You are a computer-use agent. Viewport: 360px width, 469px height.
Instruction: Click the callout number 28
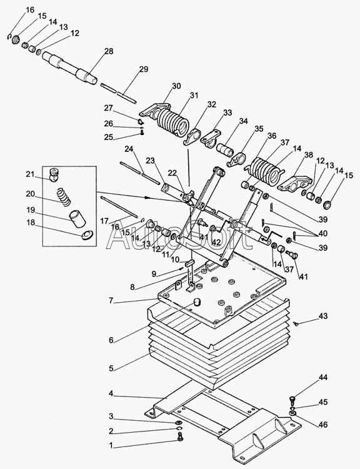tap(109, 51)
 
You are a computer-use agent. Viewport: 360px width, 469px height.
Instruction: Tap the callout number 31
tap(194, 96)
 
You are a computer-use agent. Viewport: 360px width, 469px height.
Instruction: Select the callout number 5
tap(111, 368)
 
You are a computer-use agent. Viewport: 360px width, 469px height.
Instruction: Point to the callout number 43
tap(323, 316)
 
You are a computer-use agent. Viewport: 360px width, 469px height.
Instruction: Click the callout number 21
tap(30, 174)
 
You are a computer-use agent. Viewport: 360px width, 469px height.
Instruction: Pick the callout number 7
tap(111, 300)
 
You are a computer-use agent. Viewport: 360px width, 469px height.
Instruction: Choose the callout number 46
tap(323, 425)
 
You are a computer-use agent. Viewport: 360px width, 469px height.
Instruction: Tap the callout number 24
tap(129, 148)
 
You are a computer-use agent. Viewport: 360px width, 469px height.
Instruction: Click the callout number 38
tap(309, 154)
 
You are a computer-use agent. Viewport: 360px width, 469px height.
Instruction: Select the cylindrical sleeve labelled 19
tap(77, 219)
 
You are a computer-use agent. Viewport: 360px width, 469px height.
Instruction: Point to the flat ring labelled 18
tap(87, 235)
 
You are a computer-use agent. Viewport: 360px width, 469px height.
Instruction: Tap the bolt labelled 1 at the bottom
tap(180, 438)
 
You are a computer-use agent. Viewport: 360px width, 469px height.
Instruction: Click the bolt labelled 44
tap(292, 399)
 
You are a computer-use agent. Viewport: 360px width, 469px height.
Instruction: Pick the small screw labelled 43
tap(296, 324)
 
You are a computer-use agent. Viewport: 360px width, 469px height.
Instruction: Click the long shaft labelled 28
tap(70, 68)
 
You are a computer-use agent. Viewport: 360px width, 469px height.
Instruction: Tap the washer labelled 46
tap(292, 413)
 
